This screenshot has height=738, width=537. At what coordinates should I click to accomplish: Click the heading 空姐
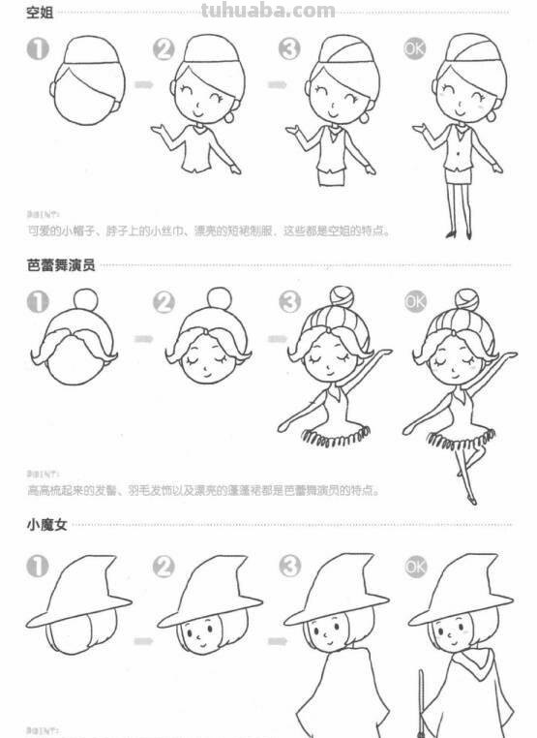(x=40, y=13)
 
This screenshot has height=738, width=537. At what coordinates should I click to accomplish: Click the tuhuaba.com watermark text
(x=268, y=12)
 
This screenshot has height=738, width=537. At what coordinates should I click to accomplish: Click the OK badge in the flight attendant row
(x=415, y=48)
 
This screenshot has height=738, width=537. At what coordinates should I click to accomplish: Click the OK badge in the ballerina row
(x=414, y=301)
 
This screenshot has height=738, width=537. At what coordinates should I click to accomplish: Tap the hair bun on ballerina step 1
(x=86, y=300)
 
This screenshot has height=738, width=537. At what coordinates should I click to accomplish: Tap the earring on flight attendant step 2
(x=229, y=117)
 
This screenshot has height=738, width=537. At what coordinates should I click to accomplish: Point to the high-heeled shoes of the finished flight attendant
(x=458, y=233)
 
